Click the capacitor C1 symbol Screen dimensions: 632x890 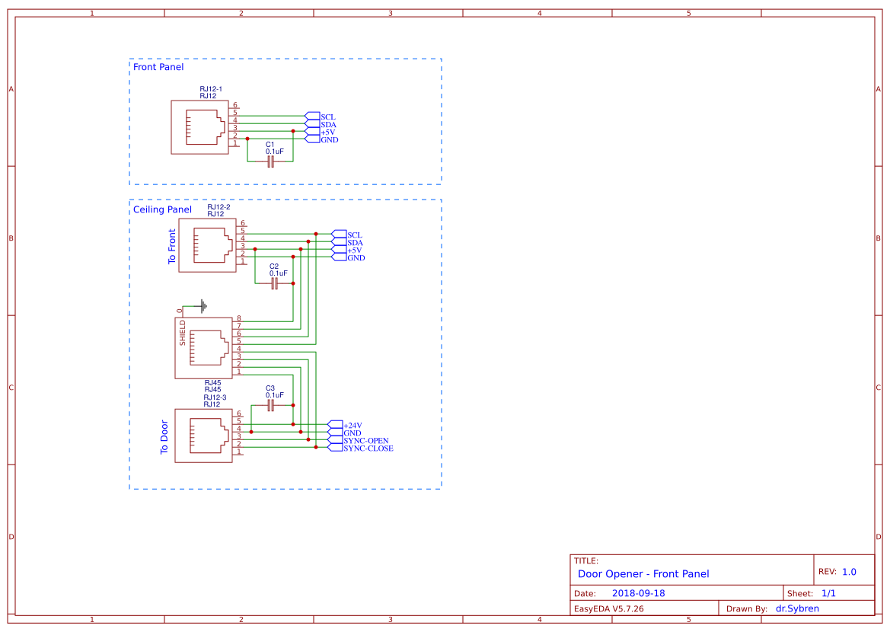point(270,162)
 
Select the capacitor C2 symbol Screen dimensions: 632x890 point(275,283)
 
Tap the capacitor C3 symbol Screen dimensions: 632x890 point(270,406)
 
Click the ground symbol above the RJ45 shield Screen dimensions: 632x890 point(203,306)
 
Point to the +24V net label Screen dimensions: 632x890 point(352,425)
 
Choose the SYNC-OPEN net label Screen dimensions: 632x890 point(365,440)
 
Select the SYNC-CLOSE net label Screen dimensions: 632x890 point(368,448)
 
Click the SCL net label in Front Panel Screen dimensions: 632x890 point(327,117)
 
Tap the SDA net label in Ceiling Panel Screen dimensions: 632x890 point(355,242)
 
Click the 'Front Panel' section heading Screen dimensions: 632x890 point(158,67)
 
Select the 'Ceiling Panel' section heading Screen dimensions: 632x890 point(162,209)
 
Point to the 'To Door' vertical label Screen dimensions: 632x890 point(164,437)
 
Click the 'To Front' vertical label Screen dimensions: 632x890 point(172,246)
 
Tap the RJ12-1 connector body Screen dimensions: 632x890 point(199,127)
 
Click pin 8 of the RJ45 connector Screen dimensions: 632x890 point(238,318)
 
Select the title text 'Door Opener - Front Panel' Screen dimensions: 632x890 point(643,574)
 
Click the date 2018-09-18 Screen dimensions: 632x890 point(638,593)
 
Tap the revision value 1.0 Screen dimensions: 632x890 point(849,572)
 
